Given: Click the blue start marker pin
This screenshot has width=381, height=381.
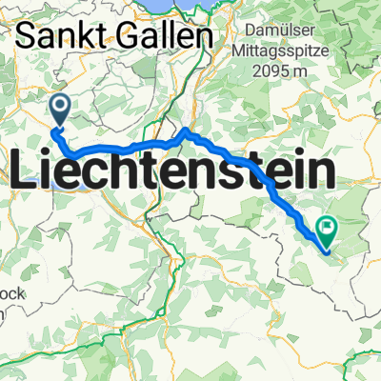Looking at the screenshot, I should pyautogui.click(x=59, y=110).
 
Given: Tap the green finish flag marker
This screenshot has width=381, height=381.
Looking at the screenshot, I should pyautogui.click(x=327, y=229).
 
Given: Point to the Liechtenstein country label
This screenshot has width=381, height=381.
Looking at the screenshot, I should pyautogui.click(x=174, y=173).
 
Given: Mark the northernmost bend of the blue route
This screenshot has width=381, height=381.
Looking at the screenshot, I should pyautogui.click(x=185, y=130).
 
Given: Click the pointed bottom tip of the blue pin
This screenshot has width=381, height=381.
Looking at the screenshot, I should pyautogui.click(x=59, y=128).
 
